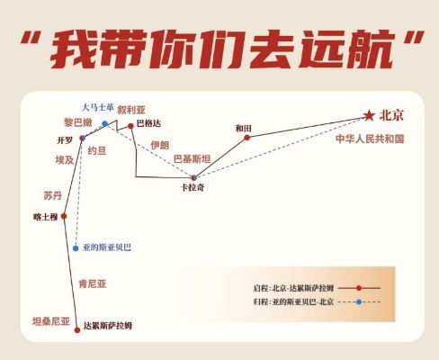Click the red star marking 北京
[x=369, y=115]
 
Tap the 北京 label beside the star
[x=391, y=115]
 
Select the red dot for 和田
[x=246, y=138]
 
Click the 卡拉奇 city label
[x=193, y=187]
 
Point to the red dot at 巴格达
[x=130, y=126]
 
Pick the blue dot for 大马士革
[x=104, y=123]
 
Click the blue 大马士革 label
[x=97, y=107]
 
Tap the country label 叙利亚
[x=131, y=110]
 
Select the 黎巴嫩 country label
[x=77, y=122]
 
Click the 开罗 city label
[x=65, y=140]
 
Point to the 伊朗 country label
[x=160, y=146]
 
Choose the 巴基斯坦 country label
[x=192, y=159]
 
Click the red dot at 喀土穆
[x=64, y=216]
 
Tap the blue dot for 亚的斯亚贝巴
[x=76, y=248]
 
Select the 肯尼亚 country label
[x=93, y=283]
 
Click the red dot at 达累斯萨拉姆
[x=77, y=330]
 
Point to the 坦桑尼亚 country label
[x=51, y=321]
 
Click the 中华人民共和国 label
[x=370, y=139]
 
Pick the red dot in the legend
[x=359, y=288]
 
